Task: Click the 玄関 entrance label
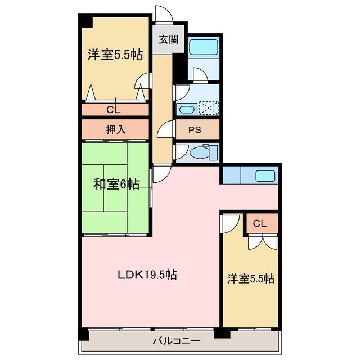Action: [164, 39]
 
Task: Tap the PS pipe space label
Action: [195, 129]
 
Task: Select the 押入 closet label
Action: [116, 129]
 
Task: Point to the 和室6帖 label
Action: [116, 183]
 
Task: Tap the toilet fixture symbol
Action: [200, 152]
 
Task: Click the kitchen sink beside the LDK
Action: [265, 175]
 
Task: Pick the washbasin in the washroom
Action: [186, 109]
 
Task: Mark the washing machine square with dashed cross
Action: [209, 109]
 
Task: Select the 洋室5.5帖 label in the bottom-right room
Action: [251, 278]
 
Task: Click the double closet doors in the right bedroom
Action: [262, 241]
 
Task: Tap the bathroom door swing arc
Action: [200, 75]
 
